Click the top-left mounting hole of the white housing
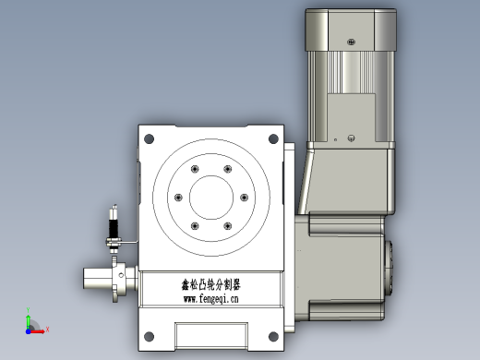click(x=149, y=138)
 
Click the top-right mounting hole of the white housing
click(x=273, y=138)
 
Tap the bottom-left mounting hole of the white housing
click(x=149, y=336)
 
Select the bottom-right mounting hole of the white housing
click(x=273, y=336)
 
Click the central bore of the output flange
click(x=211, y=198)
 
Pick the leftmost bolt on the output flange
click(x=178, y=198)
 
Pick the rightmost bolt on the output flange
click(x=244, y=198)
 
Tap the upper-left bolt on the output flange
click(x=195, y=169)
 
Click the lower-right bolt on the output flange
click(x=228, y=226)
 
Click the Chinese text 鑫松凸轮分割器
click(x=210, y=284)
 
